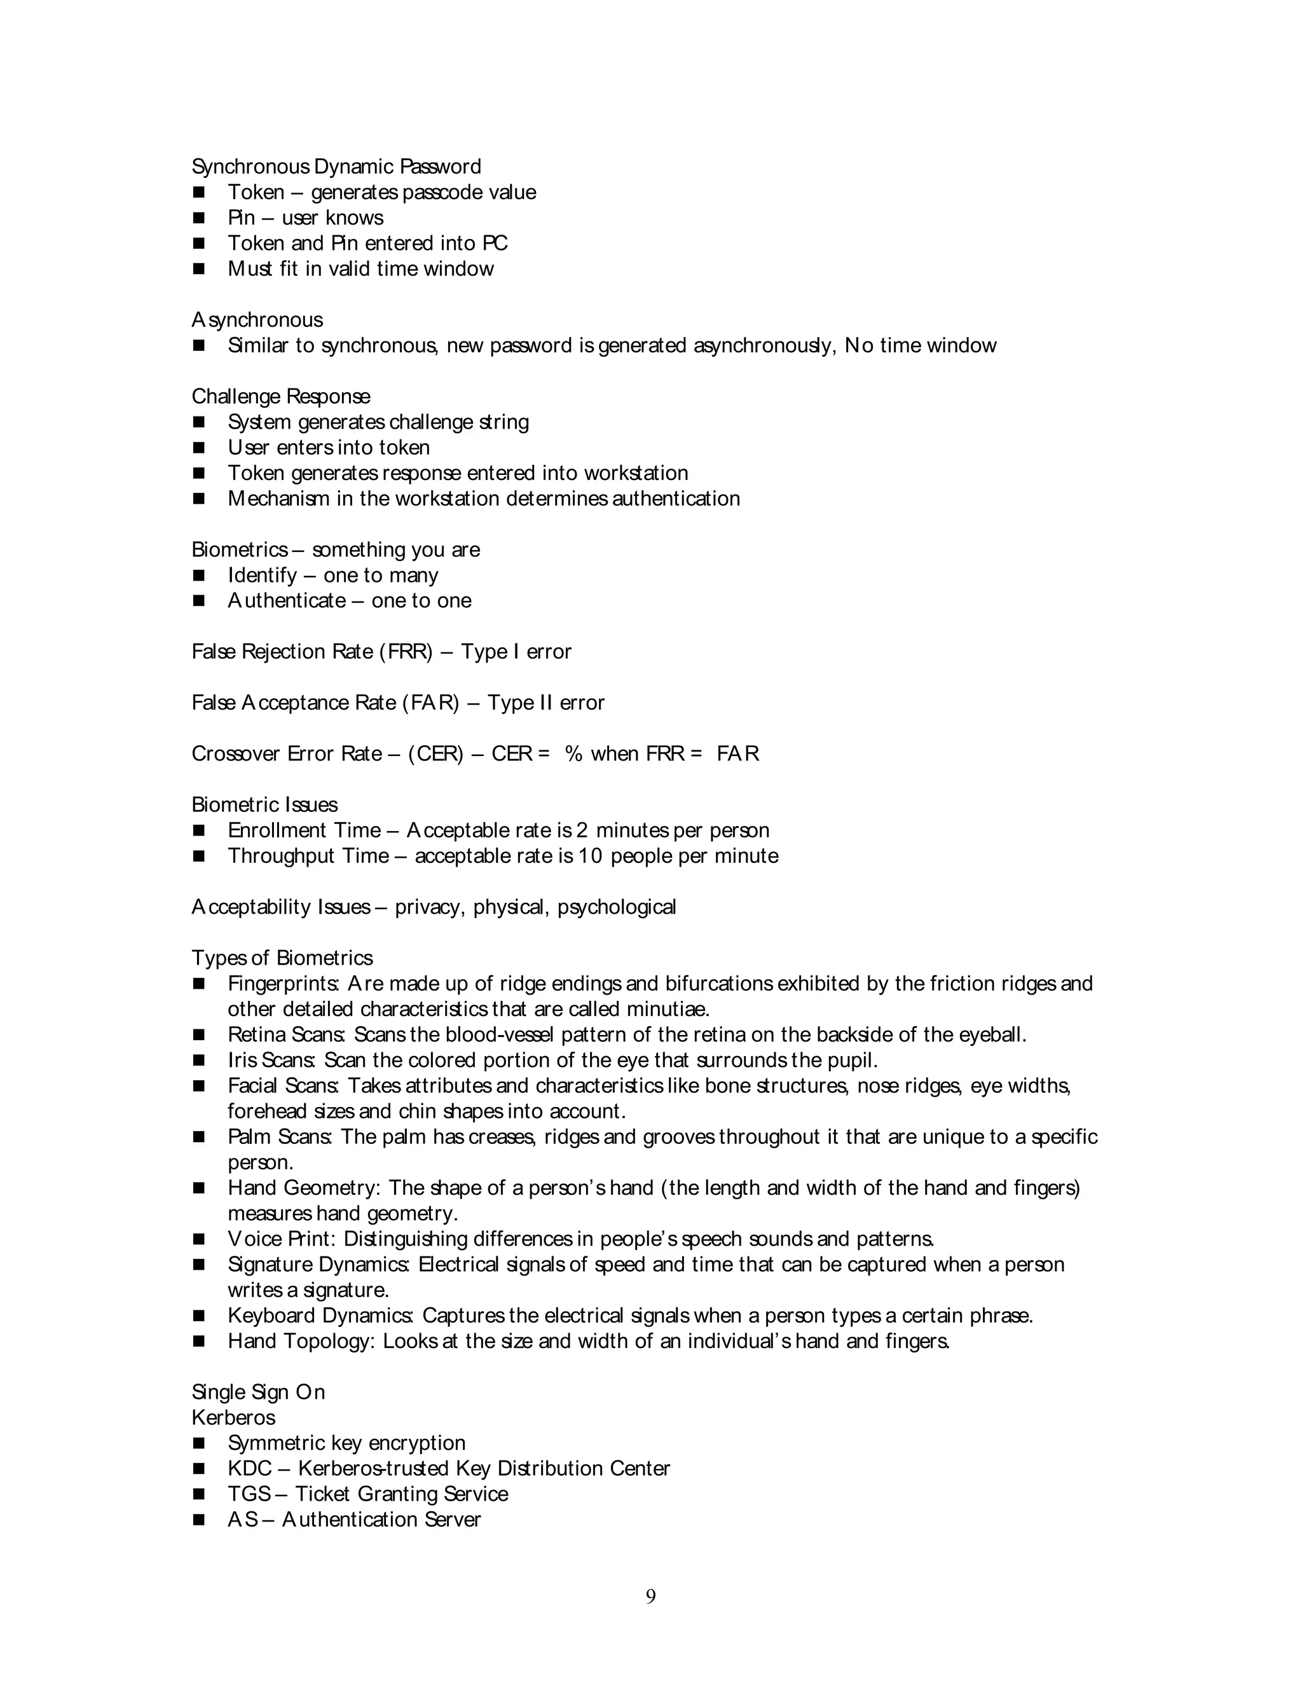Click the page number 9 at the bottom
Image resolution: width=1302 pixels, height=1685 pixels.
pyautogui.click(x=650, y=1596)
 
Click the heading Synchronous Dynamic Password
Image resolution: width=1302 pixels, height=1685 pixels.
pyautogui.click(x=336, y=167)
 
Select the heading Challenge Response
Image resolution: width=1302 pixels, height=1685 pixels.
pyautogui.click(x=281, y=397)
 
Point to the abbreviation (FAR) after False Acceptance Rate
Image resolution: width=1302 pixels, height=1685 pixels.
pyautogui.click(x=430, y=703)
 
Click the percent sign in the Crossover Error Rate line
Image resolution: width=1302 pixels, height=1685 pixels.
pyautogui.click(x=573, y=753)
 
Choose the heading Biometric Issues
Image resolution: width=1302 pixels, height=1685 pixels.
pyautogui.click(x=264, y=805)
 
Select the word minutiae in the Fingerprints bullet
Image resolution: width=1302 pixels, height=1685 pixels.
pyautogui.click(x=667, y=1009)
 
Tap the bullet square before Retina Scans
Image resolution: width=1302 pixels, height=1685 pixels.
pyautogui.click(x=199, y=1035)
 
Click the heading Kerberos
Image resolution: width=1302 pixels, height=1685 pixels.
pyautogui.click(x=234, y=1417)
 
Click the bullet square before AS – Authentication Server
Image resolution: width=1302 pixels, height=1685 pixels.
pyautogui.click(x=199, y=1520)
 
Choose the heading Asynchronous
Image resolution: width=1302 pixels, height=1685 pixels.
pyautogui.click(x=257, y=320)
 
